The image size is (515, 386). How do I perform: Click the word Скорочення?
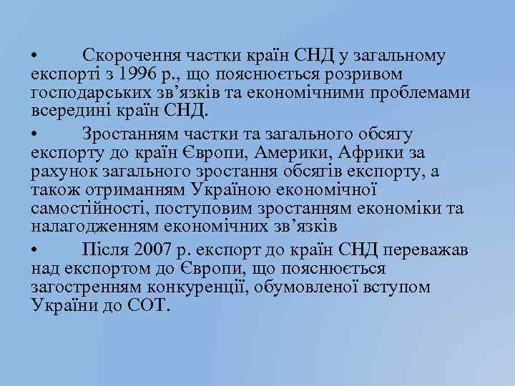coord(132,55)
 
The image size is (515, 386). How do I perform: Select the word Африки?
coord(396,153)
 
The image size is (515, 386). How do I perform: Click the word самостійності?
coord(85,209)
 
